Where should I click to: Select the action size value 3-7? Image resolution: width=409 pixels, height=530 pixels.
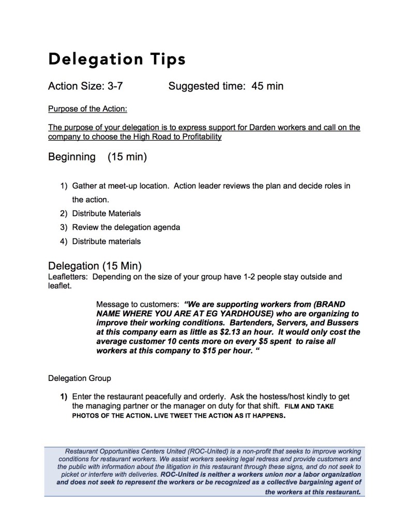[x=114, y=86]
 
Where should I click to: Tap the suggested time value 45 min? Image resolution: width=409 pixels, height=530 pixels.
[x=267, y=86]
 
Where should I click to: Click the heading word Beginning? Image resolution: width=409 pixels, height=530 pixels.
[x=72, y=156]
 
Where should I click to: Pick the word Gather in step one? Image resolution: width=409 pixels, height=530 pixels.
[x=85, y=185]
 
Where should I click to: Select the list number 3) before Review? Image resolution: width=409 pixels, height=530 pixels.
[x=64, y=227]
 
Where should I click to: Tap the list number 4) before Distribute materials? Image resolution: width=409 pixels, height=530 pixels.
[x=64, y=241]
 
